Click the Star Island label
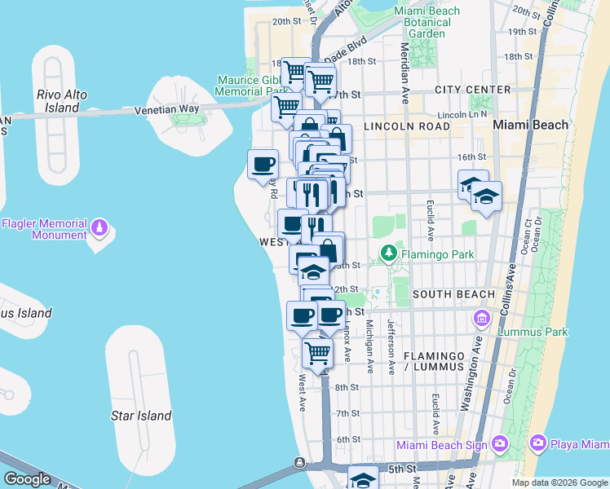coord(141,416)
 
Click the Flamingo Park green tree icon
coord(390,254)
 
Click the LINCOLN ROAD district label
coord(406,127)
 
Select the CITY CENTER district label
coord(473,90)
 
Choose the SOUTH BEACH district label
coord(453,293)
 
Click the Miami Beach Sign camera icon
coord(499,444)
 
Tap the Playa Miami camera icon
coord(538,444)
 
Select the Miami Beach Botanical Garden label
coord(427,22)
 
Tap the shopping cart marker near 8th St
coord(317,354)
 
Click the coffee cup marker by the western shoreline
coord(263,164)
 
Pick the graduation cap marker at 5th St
coord(363,478)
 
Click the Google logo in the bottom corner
coord(27,479)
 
